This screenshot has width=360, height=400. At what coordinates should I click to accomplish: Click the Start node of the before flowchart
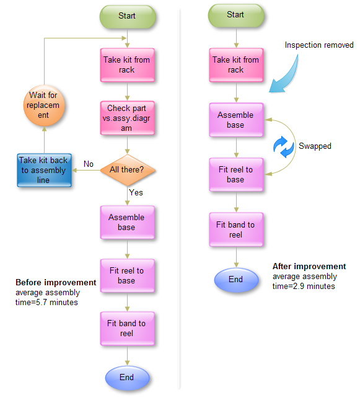[x=126, y=16]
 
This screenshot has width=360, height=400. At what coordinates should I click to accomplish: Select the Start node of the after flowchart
[x=235, y=15]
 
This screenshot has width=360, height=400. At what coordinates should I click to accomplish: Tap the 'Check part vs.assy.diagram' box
[x=126, y=118]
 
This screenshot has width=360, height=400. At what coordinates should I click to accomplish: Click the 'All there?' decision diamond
[x=126, y=169]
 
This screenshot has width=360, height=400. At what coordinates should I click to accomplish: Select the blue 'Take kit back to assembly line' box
[x=42, y=170]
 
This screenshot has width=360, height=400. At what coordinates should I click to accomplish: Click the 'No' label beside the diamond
[x=89, y=164]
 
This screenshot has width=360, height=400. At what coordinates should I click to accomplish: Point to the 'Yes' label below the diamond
[x=136, y=193]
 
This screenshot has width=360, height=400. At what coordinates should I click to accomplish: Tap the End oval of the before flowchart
[x=126, y=377]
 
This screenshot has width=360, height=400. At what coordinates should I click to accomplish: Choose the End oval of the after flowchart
[x=235, y=280]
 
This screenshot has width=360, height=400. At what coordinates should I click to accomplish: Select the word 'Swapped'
[x=315, y=146]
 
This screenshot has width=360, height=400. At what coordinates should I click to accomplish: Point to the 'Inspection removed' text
[x=318, y=45]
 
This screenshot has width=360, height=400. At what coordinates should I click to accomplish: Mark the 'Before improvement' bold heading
[x=56, y=282]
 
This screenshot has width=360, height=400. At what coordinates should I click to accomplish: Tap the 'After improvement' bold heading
[x=309, y=267]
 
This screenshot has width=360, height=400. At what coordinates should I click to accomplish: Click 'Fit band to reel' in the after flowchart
[x=235, y=230]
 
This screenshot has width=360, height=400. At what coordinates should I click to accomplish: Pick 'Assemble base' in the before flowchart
[x=126, y=223]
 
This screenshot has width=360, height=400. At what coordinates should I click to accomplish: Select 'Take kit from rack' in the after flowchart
[x=235, y=64]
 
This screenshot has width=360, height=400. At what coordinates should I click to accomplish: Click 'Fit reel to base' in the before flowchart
[x=126, y=275]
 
